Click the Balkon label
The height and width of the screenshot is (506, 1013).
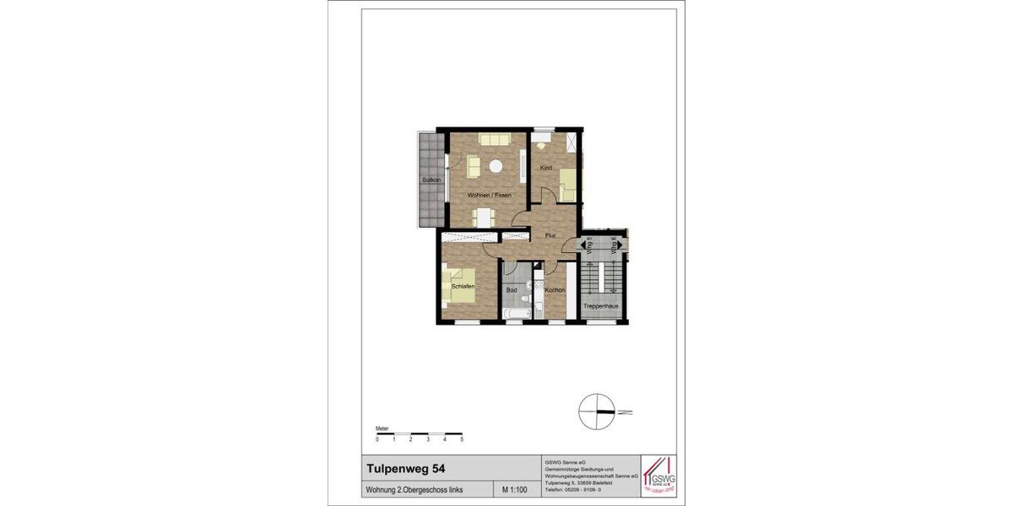click(432, 180)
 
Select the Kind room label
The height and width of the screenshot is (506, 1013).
click(546, 168)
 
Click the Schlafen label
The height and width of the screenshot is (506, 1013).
click(463, 287)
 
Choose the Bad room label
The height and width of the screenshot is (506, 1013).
click(512, 290)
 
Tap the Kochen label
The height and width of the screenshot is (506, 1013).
click(555, 290)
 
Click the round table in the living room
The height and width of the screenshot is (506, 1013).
click(497, 167)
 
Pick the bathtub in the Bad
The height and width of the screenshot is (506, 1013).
click(517, 314)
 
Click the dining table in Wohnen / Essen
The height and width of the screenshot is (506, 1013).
click(483, 217)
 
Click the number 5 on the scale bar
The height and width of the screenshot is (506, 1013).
click(462, 440)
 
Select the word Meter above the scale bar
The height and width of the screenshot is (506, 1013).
click(383, 428)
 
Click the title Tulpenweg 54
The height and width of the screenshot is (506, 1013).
click(401, 468)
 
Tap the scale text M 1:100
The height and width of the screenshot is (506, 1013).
click(516, 490)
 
